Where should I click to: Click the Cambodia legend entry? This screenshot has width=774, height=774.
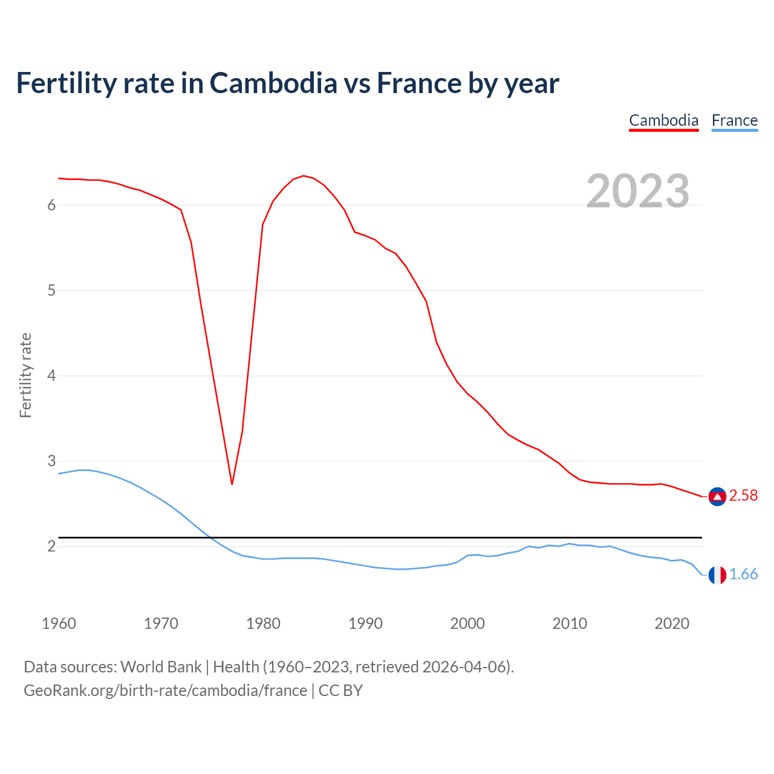tap(663, 120)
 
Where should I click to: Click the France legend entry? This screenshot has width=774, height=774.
tap(734, 120)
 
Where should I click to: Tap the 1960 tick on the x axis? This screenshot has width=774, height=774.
tap(59, 623)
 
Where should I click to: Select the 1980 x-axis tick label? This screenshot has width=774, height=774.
tap(263, 623)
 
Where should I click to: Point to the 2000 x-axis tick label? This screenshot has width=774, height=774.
tap(467, 623)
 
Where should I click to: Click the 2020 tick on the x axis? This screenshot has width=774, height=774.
tap(672, 623)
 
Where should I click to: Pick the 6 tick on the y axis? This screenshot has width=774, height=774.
tap(51, 205)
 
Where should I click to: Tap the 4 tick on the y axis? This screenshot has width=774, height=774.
tap(51, 376)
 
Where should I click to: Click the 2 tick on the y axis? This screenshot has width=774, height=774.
tap(51, 547)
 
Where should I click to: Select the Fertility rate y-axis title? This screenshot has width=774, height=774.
tap(25, 375)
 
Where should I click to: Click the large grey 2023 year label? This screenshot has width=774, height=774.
tap(637, 191)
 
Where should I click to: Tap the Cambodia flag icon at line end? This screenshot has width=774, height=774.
tap(717, 496)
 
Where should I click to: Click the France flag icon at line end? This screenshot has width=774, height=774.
tap(717, 575)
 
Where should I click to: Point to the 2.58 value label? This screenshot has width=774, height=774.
tap(743, 496)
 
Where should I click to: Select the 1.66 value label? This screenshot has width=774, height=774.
tap(743, 574)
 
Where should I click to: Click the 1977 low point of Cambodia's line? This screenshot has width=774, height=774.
tap(232, 484)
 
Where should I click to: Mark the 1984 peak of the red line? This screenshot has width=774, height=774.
tap(304, 175)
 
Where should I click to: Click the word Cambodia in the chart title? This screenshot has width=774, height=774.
tap(273, 83)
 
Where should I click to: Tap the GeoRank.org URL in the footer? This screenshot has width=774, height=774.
tap(165, 691)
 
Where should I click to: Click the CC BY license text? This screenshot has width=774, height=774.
tap(340, 691)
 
